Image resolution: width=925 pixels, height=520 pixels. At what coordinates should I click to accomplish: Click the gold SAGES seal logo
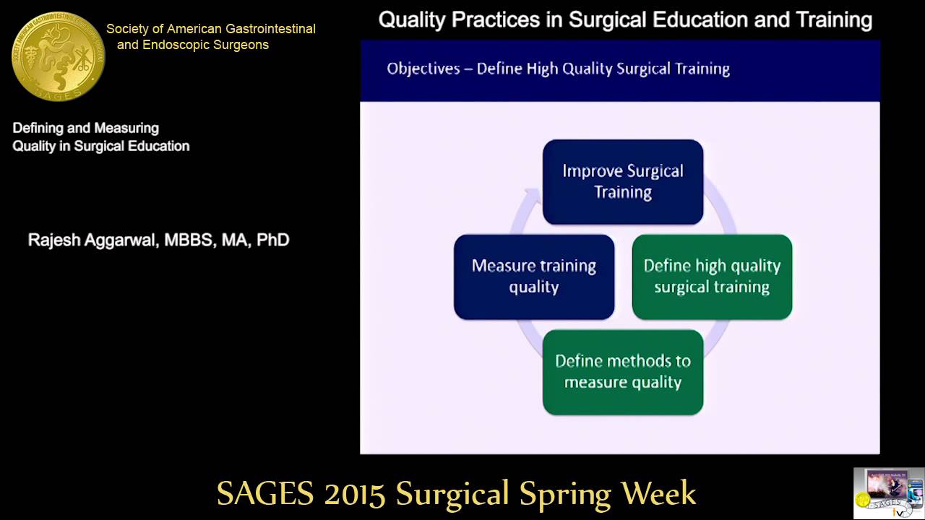click(58, 56)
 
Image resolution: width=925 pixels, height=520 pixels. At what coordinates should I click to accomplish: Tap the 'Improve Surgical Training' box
click(622, 182)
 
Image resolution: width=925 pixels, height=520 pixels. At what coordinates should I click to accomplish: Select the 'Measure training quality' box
click(533, 277)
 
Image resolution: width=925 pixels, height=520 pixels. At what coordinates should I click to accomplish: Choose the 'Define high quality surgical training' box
click(712, 277)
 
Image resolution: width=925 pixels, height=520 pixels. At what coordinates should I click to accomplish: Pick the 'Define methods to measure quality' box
click(622, 372)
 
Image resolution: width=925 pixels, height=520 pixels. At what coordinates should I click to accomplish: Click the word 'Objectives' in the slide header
click(423, 69)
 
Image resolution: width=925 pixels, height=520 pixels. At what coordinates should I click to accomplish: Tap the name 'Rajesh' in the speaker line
click(55, 240)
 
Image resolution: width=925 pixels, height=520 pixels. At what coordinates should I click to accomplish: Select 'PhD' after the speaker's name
click(272, 240)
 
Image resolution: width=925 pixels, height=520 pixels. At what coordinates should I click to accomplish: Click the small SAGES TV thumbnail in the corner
click(888, 493)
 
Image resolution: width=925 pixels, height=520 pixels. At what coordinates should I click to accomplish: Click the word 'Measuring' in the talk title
click(124, 129)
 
